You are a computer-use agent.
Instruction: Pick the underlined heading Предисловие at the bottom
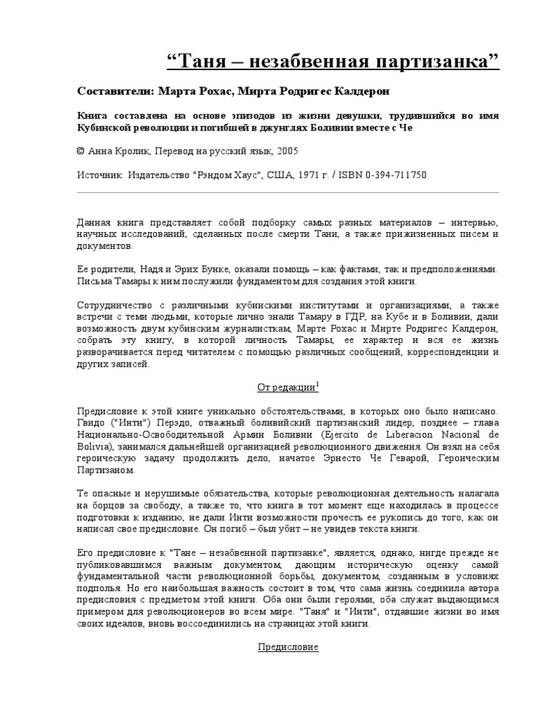(287, 647)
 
